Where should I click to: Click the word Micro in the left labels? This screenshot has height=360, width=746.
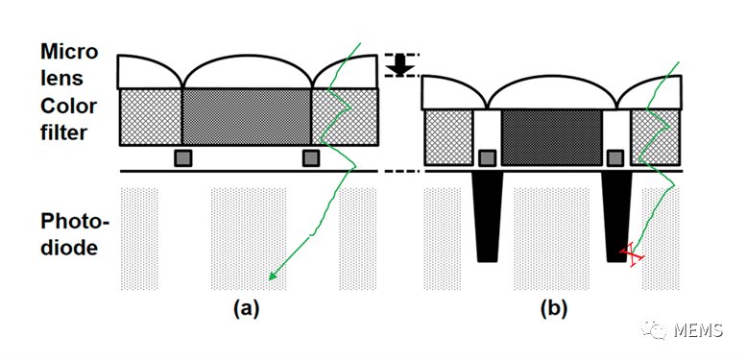click(69, 52)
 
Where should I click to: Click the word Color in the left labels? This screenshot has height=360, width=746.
click(68, 107)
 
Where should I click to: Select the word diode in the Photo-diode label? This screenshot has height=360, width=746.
click(69, 249)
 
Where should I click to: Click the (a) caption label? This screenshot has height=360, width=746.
click(246, 309)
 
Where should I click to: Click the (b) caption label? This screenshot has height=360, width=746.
click(554, 309)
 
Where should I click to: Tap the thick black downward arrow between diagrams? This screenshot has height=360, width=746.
click(400, 65)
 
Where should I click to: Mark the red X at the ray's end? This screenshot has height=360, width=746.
click(632, 255)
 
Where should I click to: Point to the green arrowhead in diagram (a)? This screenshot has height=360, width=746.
click(273, 275)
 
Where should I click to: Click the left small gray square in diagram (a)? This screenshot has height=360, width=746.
click(183, 157)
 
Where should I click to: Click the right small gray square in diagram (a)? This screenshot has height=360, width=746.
click(311, 157)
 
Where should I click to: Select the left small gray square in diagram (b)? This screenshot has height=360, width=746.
click(487, 157)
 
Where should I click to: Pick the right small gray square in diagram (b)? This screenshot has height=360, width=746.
click(615, 157)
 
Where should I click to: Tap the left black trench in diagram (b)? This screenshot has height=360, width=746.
click(487, 216)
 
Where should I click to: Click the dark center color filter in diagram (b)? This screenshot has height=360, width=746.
click(551, 137)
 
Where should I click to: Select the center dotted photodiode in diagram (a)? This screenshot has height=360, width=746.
click(249, 239)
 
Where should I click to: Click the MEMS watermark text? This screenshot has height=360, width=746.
click(698, 329)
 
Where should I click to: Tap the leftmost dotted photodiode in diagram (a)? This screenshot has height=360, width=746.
click(139, 239)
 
